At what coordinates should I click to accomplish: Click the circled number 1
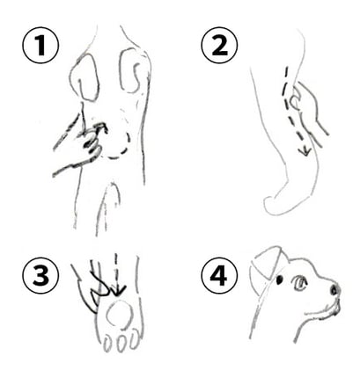[x=40, y=45]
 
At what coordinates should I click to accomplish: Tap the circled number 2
[x=219, y=45]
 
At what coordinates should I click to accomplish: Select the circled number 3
[x=40, y=276]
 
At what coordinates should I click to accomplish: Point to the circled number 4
[x=219, y=276]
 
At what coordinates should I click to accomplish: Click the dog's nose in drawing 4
[x=334, y=289]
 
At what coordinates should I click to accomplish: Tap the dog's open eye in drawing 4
[x=299, y=284]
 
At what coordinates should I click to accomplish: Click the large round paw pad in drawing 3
[x=119, y=316]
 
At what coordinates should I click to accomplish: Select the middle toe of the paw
[x=121, y=343]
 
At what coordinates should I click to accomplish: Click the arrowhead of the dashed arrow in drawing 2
[x=305, y=150]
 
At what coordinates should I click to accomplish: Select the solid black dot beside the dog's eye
[x=279, y=280]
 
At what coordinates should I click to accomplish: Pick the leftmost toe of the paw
[x=108, y=344]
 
